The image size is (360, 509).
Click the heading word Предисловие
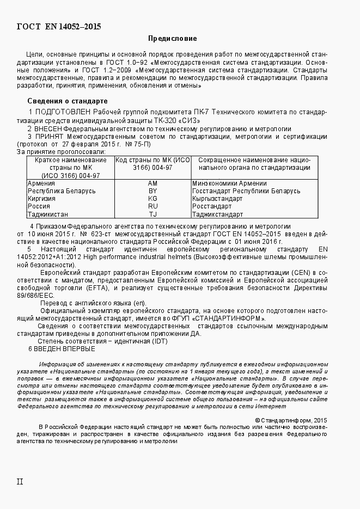[172, 39]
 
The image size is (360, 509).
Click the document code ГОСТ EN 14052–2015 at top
[59, 26]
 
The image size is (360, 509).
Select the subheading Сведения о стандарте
[68, 102]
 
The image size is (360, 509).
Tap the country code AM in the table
[152, 184]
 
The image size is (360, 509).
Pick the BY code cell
[152, 192]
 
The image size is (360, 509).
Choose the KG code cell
[152, 199]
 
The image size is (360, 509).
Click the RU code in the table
[152, 207]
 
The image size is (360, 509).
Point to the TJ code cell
[152, 214]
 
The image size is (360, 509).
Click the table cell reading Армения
[41, 184]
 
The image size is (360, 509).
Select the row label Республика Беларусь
[62, 192]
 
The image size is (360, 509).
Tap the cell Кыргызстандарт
[217, 199]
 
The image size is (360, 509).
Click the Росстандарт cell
[212, 207]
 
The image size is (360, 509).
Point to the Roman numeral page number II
[20, 482]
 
